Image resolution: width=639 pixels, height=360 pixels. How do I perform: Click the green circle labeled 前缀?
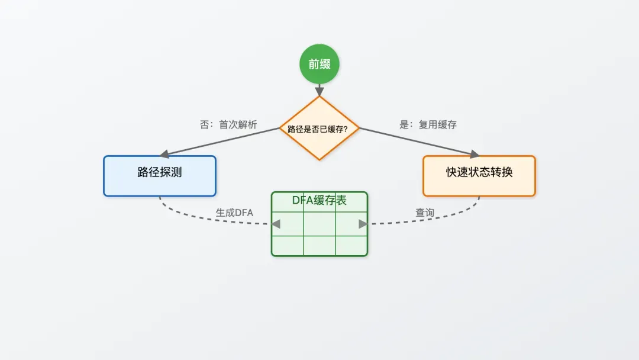pos(319,64)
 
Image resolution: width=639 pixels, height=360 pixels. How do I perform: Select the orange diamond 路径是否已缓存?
pos(319,128)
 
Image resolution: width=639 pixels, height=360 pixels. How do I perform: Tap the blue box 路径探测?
pos(160,175)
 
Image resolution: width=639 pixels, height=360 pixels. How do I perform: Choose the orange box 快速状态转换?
pos(479,175)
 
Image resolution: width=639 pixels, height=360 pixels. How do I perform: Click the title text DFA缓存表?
pos(319,200)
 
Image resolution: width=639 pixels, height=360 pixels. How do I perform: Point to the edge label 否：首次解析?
pos(228,125)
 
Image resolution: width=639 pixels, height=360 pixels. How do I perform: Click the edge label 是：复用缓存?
pos(428,125)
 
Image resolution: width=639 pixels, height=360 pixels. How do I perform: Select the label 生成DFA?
pos(234,213)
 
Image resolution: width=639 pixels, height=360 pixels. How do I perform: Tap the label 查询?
pos(425,213)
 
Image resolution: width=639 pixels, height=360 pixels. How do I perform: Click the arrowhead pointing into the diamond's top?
pos(319,92)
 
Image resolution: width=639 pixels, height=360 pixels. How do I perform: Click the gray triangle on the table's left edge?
pos(276,224)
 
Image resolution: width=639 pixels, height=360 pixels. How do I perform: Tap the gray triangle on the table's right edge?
pos(363,224)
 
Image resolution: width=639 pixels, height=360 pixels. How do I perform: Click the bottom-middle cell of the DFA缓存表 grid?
pos(319,246)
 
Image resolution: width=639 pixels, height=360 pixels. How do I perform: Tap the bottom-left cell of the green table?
pos(288,246)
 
